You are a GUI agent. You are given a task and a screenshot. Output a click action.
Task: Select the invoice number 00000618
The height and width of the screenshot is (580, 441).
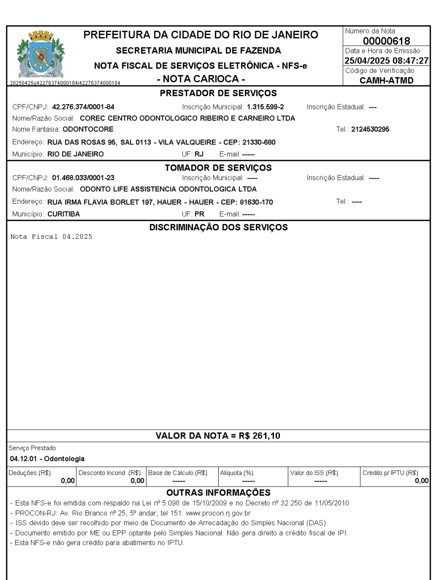[x=387, y=41]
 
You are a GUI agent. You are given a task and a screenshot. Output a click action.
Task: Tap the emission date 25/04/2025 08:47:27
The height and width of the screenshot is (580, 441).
[x=387, y=61]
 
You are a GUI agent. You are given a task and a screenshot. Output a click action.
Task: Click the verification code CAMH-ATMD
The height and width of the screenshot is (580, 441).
[x=387, y=80]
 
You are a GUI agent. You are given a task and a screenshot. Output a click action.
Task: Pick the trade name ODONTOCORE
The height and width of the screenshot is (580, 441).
[x=88, y=129]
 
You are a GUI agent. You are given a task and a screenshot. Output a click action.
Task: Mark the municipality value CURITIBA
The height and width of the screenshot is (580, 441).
[x=64, y=215]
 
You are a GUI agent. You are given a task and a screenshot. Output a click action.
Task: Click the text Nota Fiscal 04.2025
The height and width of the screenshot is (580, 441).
[x=51, y=236]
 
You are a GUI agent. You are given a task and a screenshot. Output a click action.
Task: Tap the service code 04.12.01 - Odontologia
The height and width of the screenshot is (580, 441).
[x=47, y=459]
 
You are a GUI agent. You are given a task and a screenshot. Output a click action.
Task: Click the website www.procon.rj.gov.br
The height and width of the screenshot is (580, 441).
[x=229, y=512]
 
